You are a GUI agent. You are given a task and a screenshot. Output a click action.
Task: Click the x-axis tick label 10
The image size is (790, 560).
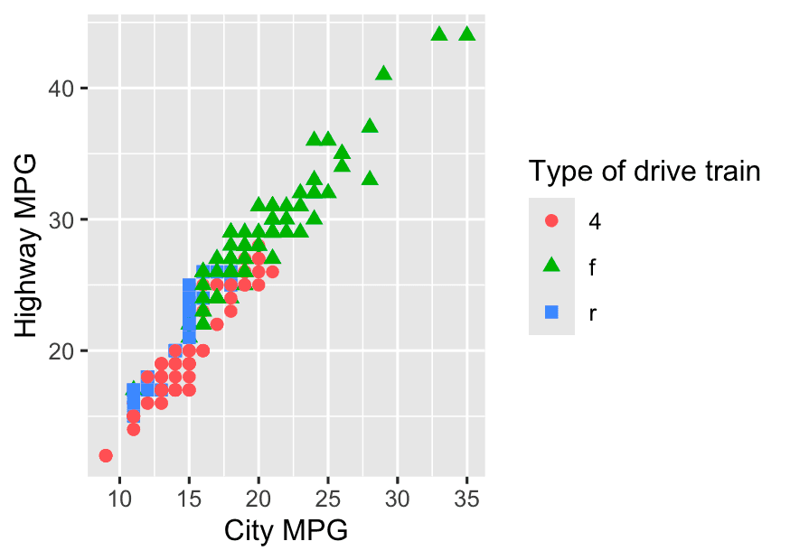click(119, 497)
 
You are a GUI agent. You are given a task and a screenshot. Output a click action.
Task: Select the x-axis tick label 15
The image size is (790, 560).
click(189, 497)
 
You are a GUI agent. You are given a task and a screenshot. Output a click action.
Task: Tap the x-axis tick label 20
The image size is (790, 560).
click(259, 497)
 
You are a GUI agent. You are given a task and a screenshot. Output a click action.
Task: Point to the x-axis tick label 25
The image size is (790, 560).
click(328, 497)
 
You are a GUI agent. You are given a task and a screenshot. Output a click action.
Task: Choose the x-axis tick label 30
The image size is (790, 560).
click(398, 497)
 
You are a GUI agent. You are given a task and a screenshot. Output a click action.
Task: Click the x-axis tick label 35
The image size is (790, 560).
click(466, 497)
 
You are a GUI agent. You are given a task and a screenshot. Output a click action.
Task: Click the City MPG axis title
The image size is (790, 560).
click(286, 531)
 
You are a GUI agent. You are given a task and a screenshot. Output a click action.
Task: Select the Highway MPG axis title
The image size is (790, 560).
click(27, 246)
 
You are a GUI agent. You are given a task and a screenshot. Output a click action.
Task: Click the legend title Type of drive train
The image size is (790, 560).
click(644, 171)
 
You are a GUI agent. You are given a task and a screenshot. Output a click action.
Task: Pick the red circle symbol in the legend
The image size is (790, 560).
click(552, 220)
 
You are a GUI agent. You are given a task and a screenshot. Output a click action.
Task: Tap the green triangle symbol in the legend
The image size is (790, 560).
click(552, 266)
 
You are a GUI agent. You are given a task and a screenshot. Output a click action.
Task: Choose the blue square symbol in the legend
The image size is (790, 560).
click(552, 312)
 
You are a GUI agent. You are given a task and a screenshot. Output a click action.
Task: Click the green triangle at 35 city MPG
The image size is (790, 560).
click(466, 34)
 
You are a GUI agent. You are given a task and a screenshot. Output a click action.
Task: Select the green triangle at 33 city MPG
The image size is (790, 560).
click(439, 34)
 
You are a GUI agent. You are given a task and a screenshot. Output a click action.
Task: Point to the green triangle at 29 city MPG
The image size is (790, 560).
click(383, 73)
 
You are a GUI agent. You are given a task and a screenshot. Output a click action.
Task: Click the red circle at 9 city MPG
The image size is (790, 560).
click(106, 455)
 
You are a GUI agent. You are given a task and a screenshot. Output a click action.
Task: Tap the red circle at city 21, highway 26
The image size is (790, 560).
click(272, 271)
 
